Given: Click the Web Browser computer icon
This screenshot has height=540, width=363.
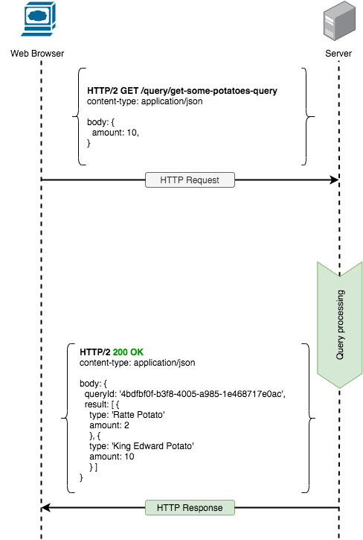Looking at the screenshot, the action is tap(38, 19).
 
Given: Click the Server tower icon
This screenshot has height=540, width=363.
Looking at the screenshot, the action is tap(339, 21).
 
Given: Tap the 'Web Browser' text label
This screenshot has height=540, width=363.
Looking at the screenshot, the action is tap(37, 54).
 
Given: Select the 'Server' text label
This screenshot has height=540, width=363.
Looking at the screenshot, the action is tap(338, 54).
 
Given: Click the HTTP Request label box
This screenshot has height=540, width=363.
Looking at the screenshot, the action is tap(190, 180).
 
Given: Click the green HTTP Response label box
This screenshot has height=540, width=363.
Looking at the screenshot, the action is tap(190, 508).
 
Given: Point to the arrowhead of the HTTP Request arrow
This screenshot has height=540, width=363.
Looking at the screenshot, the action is tap(335, 180).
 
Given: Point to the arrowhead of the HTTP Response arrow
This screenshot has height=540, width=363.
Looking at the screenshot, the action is tap(45, 508).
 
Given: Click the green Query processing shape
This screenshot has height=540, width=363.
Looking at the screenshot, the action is tap(340, 325).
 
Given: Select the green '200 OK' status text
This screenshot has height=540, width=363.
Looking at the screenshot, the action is tap(128, 352).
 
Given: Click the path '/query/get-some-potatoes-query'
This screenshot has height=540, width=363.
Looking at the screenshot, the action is tap(209, 91).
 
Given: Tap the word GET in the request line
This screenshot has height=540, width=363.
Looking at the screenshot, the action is tap(129, 91).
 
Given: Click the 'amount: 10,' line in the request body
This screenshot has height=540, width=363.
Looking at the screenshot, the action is tap(115, 133).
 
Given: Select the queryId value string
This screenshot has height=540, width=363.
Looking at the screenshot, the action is tap(202, 394).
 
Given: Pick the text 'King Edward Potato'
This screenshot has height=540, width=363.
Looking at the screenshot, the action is tap(152, 446).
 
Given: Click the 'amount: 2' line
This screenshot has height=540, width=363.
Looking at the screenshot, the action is tap(109, 425).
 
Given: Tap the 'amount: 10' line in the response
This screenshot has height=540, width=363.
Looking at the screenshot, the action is tap(112, 457).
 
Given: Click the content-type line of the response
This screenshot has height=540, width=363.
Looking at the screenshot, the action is tap(138, 363).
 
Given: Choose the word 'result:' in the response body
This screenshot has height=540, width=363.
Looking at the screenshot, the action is tap(97, 404).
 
